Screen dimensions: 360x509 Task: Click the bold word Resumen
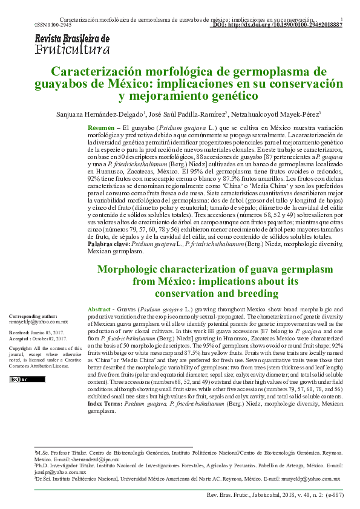(x=100, y=129)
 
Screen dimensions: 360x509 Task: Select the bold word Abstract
(x=99, y=308)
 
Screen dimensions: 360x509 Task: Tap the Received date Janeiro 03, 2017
(x=54, y=333)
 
